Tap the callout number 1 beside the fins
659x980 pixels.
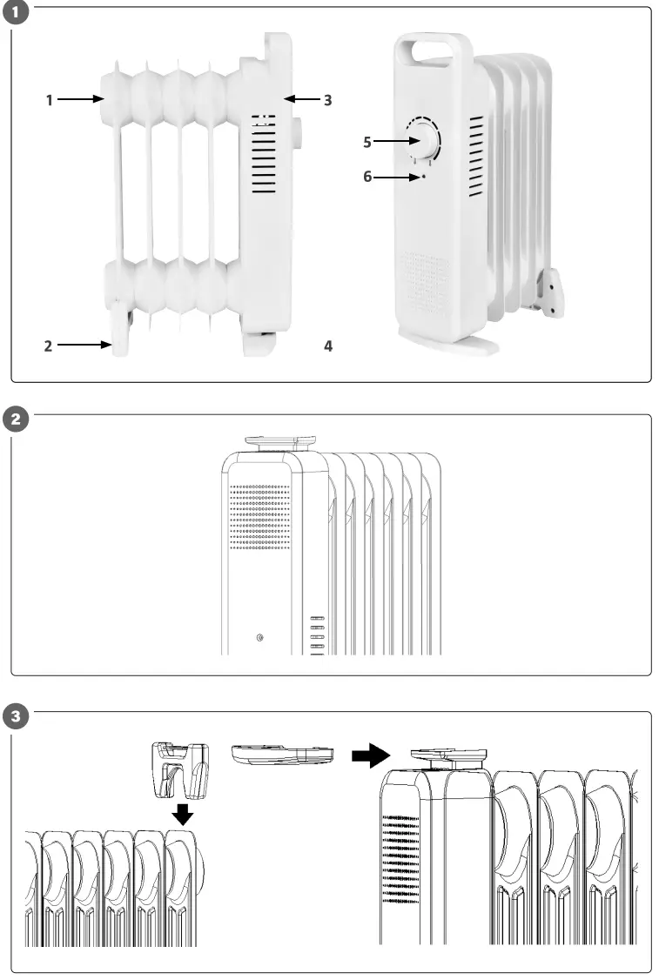[x=50, y=100]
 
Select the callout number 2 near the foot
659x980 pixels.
[x=50, y=346]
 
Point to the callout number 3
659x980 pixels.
[x=327, y=100]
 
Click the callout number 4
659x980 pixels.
[x=327, y=346]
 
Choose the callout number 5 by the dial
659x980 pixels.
[x=367, y=142]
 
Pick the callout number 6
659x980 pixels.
[x=367, y=177]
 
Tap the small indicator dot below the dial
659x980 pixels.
[x=424, y=176]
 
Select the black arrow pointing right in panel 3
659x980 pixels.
[x=367, y=755]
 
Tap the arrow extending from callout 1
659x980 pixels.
[x=81, y=100]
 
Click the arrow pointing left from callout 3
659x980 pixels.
[x=301, y=100]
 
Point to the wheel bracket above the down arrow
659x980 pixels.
[x=181, y=769]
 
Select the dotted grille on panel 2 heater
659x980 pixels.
[x=260, y=517]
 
